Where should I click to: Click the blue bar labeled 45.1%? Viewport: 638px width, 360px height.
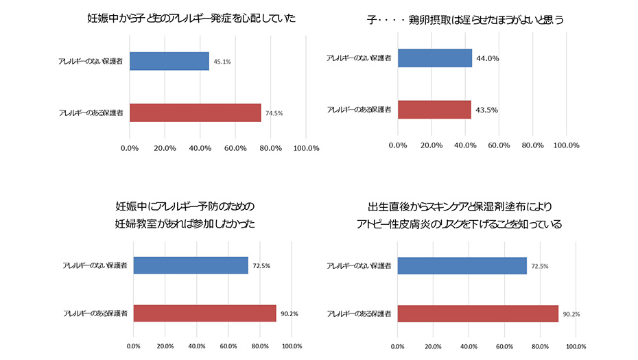tap(169, 61)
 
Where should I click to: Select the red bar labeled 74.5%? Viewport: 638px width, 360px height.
tap(195, 112)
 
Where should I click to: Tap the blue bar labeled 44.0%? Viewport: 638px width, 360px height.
tap(434, 58)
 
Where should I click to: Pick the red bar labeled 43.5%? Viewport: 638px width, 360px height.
tap(434, 110)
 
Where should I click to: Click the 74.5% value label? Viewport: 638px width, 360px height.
tap(274, 113)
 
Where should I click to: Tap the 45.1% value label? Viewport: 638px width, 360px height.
tap(222, 62)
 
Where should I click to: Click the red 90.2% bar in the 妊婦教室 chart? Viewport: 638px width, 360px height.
tap(204, 313)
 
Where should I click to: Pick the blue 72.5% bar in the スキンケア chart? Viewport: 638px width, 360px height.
tap(462, 265)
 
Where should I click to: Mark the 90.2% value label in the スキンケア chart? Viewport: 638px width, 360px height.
tap(571, 314)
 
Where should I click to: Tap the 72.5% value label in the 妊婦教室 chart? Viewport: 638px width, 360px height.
tap(261, 265)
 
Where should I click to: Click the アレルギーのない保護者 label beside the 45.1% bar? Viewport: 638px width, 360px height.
tap(90, 62)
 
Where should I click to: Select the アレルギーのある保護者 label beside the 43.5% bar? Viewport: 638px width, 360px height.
tap(359, 110)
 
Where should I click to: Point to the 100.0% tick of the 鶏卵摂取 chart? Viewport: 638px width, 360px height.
tap(566, 145)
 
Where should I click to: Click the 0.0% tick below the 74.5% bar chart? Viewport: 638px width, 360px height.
tap(129, 148)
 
